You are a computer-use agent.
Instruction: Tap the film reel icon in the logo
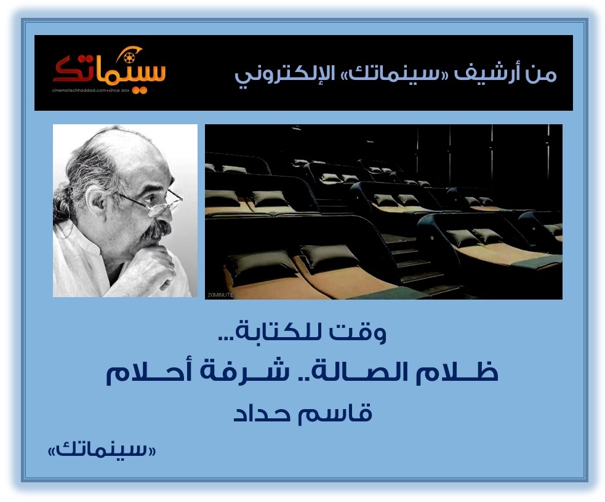(129, 58)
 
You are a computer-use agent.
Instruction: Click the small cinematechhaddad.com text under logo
(90, 90)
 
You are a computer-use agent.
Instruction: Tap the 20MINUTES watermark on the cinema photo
(222, 295)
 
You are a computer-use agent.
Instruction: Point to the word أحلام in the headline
(148, 372)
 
